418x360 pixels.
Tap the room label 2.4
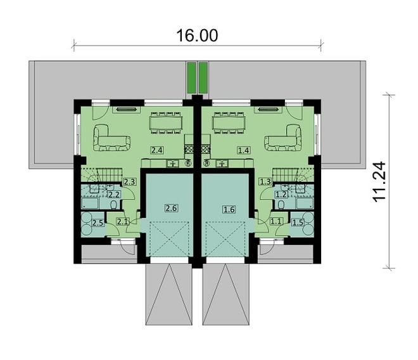[158, 150]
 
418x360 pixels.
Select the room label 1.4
[244, 150]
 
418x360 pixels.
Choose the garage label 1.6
[229, 209]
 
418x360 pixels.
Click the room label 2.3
[130, 182]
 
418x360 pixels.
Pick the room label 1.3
[266, 182]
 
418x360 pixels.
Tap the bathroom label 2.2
[115, 195]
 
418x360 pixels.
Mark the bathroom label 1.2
[281, 195]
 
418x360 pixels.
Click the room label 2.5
[98, 222]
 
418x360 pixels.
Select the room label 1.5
[298, 222]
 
